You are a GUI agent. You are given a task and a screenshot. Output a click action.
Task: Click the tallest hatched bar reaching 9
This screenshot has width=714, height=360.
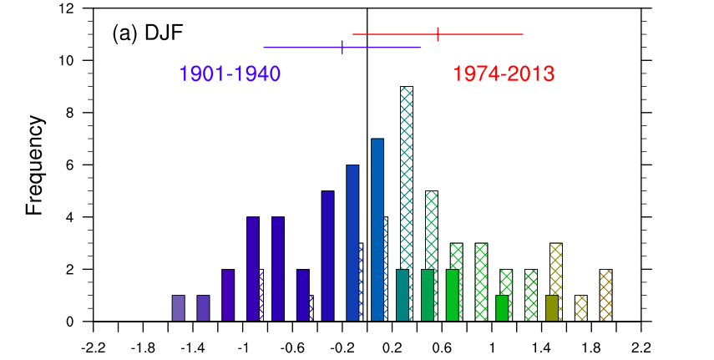(x=407, y=204)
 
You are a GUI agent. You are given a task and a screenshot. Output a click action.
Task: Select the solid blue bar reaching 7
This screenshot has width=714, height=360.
(x=377, y=230)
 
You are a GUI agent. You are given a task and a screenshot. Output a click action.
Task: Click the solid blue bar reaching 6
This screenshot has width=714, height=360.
(x=352, y=243)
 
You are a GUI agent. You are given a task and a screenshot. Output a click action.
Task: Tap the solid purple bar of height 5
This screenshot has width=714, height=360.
(x=327, y=256)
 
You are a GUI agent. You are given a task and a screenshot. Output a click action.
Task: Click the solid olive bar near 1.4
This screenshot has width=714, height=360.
(x=551, y=308)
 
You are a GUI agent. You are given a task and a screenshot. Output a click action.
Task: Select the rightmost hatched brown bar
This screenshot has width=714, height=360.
(x=606, y=295)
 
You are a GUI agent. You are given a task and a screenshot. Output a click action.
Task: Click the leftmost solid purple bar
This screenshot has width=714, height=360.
(x=178, y=308)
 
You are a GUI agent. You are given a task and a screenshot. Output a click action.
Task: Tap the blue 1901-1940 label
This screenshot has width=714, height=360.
(x=230, y=74)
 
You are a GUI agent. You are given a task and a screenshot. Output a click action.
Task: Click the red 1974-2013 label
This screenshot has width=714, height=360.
(x=504, y=74)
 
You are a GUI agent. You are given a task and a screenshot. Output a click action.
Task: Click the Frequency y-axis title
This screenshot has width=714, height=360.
(x=34, y=166)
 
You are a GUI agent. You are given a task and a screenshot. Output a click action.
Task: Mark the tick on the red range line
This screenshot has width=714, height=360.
(x=438, y=34)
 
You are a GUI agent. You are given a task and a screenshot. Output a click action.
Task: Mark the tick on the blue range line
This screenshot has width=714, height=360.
(x=342, y=47)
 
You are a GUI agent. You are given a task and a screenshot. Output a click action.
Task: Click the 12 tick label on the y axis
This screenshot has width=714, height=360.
(x=67, y=8)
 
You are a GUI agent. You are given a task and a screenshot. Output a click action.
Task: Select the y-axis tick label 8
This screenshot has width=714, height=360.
(x=70, y=113)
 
